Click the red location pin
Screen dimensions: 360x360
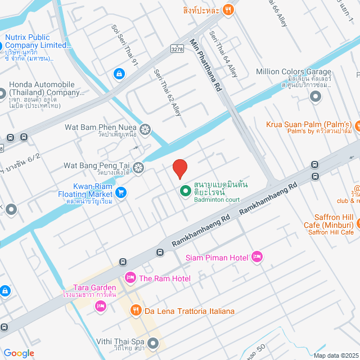point(179,169)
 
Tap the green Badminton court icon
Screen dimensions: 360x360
point(184,191)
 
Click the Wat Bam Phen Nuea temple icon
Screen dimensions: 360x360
point(145,130)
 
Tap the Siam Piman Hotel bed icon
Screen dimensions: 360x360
point(257,256)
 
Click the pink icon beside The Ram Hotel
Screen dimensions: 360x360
point(130,278)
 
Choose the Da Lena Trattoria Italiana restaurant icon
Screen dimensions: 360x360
point(135,310)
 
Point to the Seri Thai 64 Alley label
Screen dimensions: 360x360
point(223,53)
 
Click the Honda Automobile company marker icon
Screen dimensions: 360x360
point(12,92)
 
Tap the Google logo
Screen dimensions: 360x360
point(19,353)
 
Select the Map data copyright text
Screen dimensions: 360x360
point(336,355)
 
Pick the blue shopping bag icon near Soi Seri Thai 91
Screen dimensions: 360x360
point(119,73)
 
